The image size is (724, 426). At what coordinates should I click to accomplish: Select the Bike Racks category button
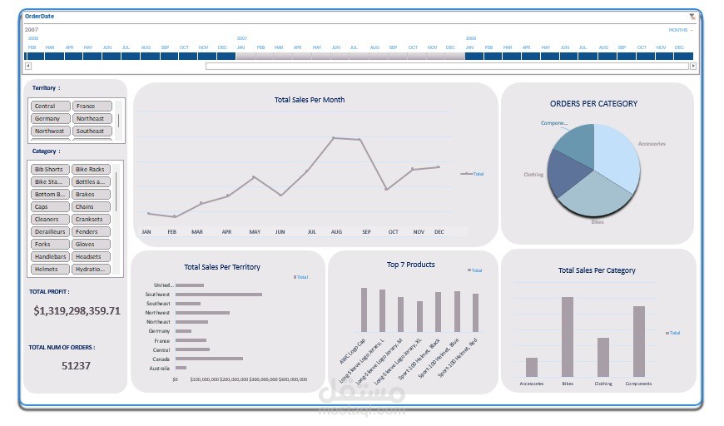point(91,170)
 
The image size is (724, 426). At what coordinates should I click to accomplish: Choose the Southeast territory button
point(91,131)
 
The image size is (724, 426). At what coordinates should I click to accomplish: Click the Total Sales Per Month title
point(310,100)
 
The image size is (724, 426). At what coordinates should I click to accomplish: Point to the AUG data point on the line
point(333,138)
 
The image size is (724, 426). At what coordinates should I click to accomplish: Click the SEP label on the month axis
point(366,232)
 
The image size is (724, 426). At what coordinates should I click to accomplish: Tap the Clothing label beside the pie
point(533,175)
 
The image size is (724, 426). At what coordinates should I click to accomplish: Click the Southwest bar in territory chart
point(218,295)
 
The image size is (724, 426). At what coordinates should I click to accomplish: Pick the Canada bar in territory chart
point(209,359)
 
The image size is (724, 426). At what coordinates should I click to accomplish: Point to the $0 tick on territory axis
point(175,379)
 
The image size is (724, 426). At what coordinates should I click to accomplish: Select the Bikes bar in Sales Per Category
point(568,337)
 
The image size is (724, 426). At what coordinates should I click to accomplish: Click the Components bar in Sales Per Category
point(639,341)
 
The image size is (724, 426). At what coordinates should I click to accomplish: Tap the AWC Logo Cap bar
point(364,310)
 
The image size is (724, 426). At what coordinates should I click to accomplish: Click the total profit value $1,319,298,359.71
point(77,311)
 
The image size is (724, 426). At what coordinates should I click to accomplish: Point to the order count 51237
point(76,365)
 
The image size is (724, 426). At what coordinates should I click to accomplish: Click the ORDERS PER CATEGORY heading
point(593,104)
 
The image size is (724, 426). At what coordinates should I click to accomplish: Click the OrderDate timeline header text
point(41,17)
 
